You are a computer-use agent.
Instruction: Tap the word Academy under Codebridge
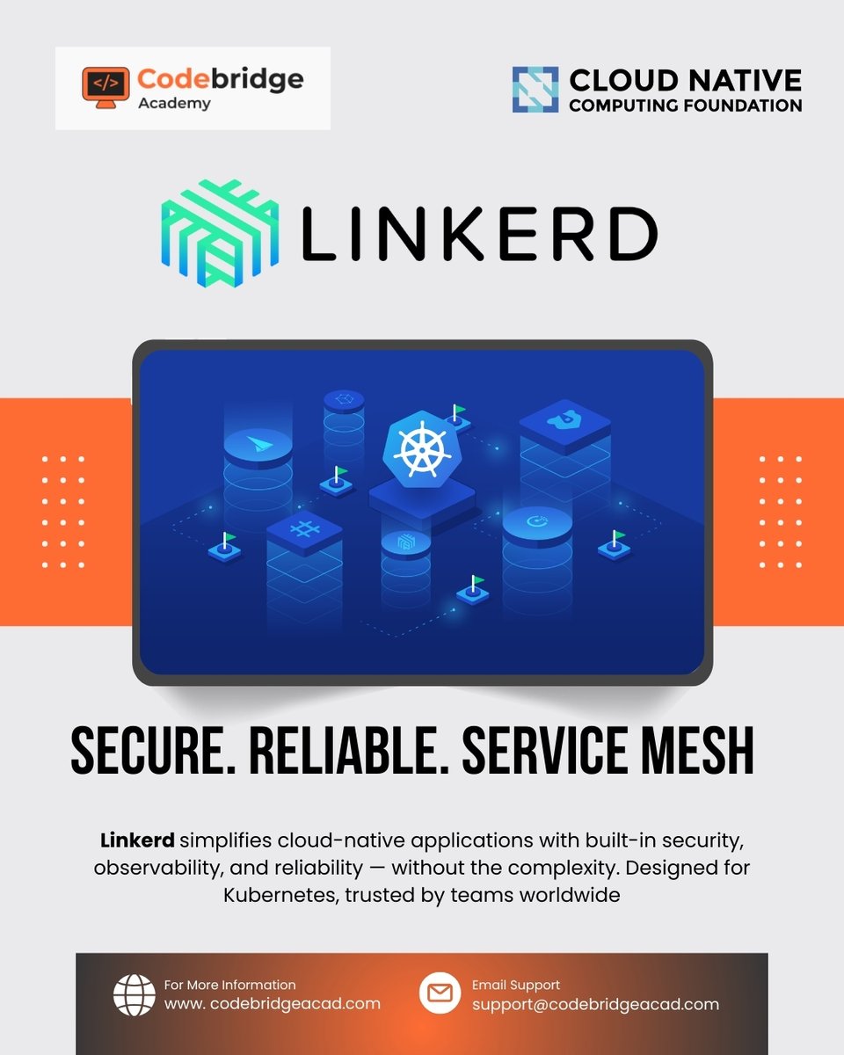(x=174, y=104)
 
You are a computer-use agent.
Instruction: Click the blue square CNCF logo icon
(x=535, y=89)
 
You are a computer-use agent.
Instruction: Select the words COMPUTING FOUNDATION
(x=685, y=105)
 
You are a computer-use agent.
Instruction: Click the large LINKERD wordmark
(x=479, y=235)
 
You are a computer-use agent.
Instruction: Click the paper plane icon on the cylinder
(x=258, y=442)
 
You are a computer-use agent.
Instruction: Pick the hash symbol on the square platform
(x=303, y=529)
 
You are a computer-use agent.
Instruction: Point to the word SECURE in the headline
(x=145, y=753)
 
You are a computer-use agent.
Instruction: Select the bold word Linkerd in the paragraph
(x=137, y=841)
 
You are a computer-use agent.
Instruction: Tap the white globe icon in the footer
(x=135, y=994)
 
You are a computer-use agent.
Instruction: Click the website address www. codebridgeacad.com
(x=273, y=1004)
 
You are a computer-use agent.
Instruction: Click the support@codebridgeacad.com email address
(x=595, y=1004)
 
